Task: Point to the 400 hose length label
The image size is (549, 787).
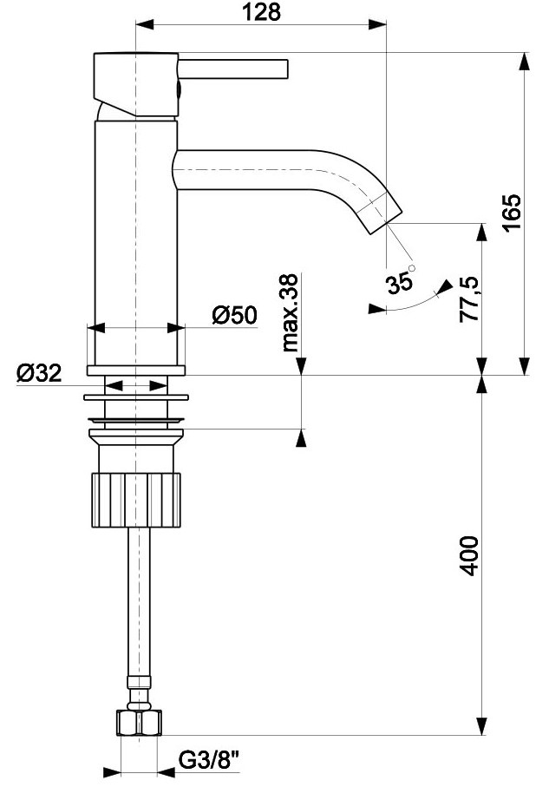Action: [469, 555]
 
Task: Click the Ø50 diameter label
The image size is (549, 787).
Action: [234, 314]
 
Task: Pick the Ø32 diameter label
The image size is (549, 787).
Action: [38, 374]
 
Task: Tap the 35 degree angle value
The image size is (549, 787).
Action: [400, 283]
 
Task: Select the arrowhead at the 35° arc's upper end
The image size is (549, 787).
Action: [445, 285]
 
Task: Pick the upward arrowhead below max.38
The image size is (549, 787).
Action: [301, 438]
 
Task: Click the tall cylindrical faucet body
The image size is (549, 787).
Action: [135, 243]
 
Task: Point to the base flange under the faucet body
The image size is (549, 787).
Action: [136, 371]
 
